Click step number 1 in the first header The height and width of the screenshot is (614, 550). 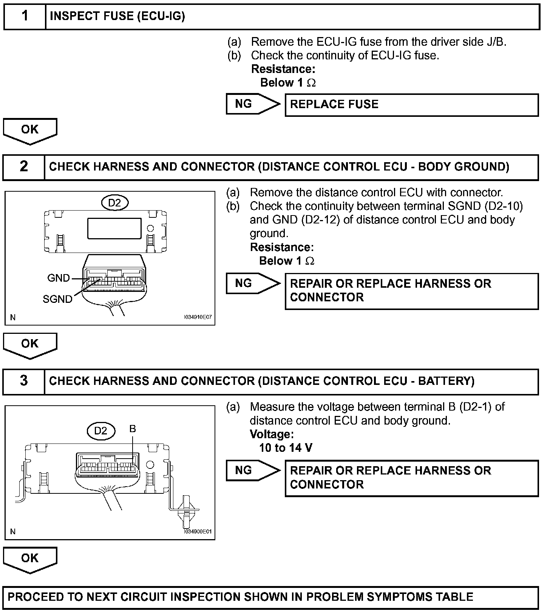25,16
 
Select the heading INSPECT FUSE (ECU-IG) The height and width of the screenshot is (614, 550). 117,16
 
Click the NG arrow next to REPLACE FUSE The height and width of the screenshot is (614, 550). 252,104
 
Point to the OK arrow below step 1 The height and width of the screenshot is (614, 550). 30,130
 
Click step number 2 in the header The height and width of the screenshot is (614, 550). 24,166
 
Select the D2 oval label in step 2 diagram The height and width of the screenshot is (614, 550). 114,203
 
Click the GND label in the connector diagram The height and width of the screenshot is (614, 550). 59,278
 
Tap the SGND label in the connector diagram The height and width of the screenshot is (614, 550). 57,299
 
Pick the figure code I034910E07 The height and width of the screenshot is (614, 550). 197,318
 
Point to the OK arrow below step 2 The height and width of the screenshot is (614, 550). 30,344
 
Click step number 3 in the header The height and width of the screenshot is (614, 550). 24,381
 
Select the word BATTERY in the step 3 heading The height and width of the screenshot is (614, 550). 446,381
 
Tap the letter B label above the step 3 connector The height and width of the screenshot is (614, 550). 133,429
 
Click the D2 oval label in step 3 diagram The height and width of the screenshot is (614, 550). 100,431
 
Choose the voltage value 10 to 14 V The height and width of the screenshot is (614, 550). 286,448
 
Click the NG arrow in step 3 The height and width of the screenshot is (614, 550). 252,470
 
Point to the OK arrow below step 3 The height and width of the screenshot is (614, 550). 30,559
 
